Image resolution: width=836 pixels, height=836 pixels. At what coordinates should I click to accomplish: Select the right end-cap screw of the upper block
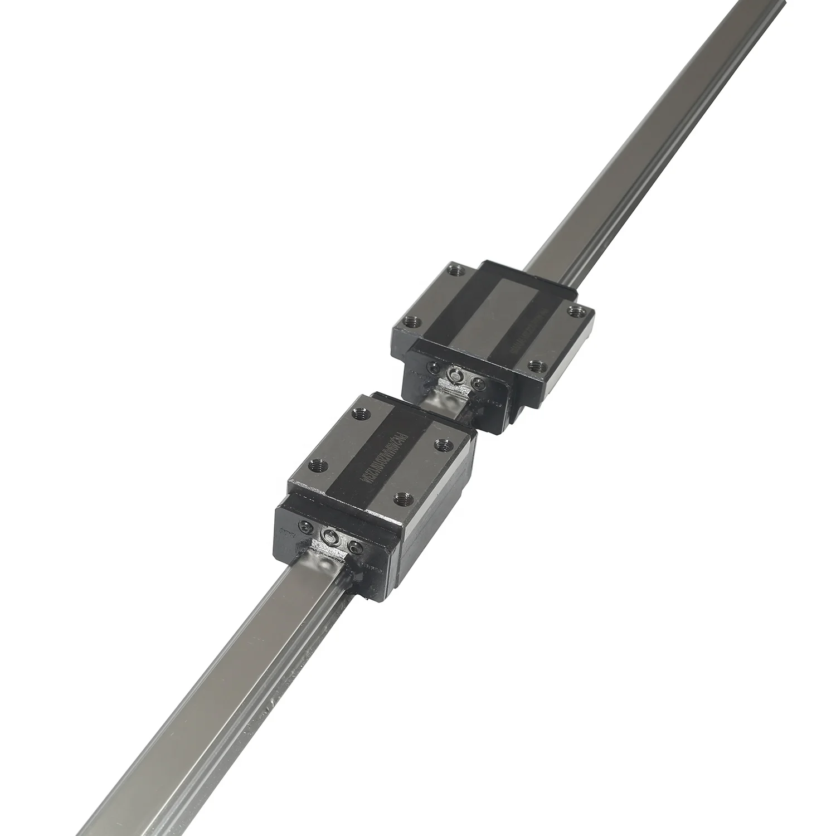click(x=477, y=384)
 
